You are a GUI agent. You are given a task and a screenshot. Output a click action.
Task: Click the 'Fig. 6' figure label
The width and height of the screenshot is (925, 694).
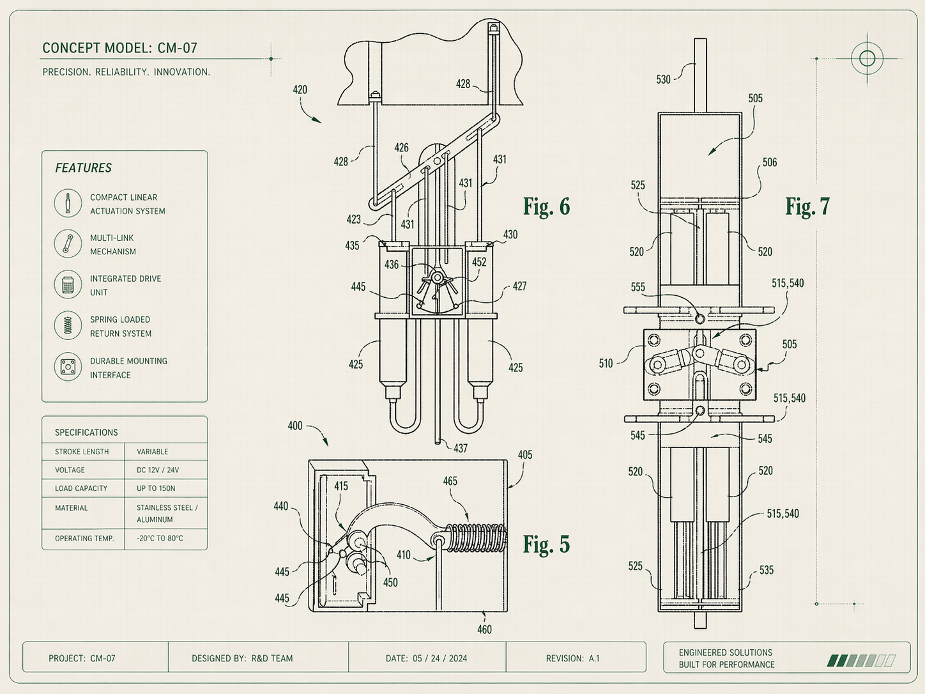pyautogui.click(x=546, y=206)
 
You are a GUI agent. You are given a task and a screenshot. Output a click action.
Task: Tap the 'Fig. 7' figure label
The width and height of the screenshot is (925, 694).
pyautogui.click(x=807, y=206)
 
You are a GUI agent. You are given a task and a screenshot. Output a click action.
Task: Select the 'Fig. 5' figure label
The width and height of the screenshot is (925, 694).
pyautogui.click(x=546, y=544)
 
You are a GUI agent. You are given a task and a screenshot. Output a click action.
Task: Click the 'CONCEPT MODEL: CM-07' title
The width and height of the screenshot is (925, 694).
pyautogui.click(x=119, y=48)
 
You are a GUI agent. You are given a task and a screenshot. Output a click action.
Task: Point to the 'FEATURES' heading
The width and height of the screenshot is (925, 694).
pyautogui.click(x=83, y=168)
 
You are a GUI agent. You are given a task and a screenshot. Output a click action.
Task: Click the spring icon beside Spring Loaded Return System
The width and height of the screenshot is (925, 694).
pyautogui.click(x=68, y=325)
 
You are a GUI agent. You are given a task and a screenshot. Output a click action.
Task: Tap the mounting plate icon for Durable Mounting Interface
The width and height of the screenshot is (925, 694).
pyautogui.click(x=68, y=367)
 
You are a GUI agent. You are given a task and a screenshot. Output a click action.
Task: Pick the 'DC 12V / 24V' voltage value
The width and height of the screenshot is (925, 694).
pyautogui.click(x=158, y=470)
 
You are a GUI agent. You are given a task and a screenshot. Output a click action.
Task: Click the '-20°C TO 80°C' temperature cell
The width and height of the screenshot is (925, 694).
pyautogui.click(x=160, y=538)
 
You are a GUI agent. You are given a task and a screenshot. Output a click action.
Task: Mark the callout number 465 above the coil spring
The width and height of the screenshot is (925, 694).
pyautogui.click(x=450, y=481)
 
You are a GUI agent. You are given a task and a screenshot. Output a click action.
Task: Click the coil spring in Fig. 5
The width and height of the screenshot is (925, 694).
pyautogui.click(x=476, y=538)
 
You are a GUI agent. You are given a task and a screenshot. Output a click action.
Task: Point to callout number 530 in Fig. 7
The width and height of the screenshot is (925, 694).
pyautogui.click(x=664, y=79)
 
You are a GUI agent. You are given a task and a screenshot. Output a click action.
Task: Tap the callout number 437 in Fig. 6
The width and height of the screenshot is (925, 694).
pyautogui.click(x=461, y=449)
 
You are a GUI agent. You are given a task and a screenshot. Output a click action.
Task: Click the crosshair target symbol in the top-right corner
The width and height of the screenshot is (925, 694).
pyautogui.click(x=867, y=58)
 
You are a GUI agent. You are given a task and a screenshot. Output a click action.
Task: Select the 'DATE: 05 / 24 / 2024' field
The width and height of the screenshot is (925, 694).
pyautogui.click(x=426, y=658)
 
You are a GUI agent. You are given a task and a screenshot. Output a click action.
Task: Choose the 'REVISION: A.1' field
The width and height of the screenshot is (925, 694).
pyautogui.click(x=572, y=658)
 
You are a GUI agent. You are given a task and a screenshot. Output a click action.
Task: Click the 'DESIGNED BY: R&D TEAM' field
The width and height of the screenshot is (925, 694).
pyautogui.click(x=242, y=658)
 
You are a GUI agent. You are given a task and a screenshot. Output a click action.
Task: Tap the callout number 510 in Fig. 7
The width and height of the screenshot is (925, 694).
pyautogui.click(x=606, y=364)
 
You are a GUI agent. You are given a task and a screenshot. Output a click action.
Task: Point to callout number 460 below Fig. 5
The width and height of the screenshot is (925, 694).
pyautogui.click(x=484, y=629)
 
